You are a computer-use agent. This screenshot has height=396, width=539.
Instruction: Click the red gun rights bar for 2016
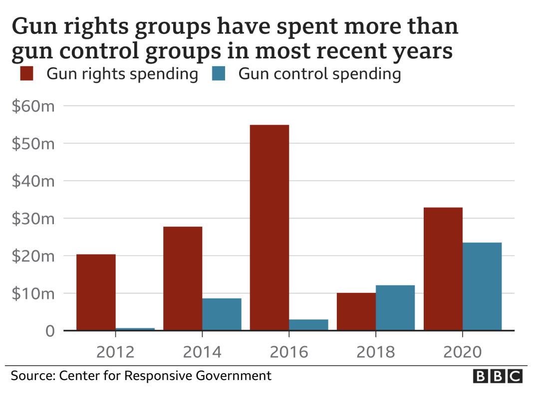[269, 227]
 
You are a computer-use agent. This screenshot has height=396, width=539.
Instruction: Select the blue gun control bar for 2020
[482, 286]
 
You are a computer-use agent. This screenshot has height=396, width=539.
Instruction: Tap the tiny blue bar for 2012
[135, 329]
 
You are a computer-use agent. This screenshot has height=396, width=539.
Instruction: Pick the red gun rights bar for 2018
[356, 311]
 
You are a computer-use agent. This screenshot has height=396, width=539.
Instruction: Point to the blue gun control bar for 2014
[222, 314]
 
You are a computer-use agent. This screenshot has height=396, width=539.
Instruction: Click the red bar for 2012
[96, 292]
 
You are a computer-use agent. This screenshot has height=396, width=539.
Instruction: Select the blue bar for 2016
[308, 324]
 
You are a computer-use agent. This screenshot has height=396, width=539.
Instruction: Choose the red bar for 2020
[443, 268]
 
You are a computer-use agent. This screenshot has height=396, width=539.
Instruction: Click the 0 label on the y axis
[49, 331]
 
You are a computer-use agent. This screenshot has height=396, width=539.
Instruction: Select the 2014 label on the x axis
[202, 352]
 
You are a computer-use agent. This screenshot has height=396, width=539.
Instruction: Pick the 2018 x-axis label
[376, 352]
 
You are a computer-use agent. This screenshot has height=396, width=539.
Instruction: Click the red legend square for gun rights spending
[26, 74]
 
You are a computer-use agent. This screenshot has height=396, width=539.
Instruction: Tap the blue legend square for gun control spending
[219, 74]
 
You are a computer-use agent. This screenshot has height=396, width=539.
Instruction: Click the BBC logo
[497, 376]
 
